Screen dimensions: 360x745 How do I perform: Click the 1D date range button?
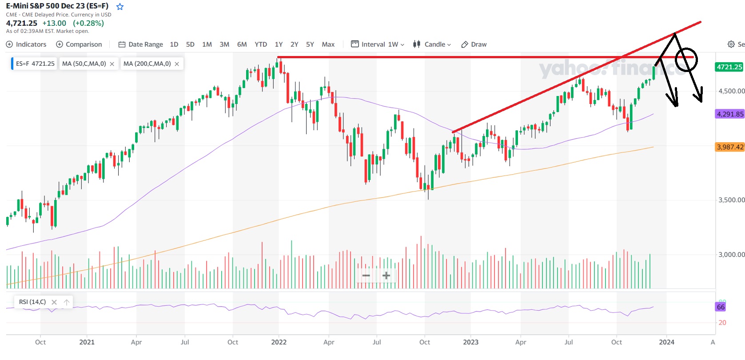[x=174, y=44]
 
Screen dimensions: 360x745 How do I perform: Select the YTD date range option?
[x=261, y=44]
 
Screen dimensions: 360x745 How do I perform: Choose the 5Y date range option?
[x=310, y=44]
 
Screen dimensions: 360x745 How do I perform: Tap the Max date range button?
[x=328, y=44]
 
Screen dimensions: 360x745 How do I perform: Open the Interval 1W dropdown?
[x=378, y=44]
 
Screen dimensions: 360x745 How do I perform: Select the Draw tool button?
[x=474, y=44]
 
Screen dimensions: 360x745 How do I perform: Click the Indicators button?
[x=26, y=44]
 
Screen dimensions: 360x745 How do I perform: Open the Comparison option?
[x=79, y=44]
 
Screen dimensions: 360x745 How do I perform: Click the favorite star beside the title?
[x=120, y=7]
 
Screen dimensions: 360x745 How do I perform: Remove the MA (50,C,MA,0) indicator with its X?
[x=112, y=64]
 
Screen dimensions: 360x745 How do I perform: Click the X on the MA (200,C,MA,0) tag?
[x=177, y=64]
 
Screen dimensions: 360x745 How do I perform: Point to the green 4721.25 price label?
[x=729, y=67]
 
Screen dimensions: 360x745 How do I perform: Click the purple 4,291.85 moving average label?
[x=730, y=114]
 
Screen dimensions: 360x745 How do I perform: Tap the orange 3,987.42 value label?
[x=730, y=147]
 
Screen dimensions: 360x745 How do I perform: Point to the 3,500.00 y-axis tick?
[x=731, y=200]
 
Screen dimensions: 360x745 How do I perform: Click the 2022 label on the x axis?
[x=279, y=342]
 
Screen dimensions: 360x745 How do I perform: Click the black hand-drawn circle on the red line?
[x=686, y=59]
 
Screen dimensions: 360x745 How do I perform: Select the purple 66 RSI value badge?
[x=721, y=307]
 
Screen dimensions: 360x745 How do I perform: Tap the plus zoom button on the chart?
[x=386, y=276]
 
